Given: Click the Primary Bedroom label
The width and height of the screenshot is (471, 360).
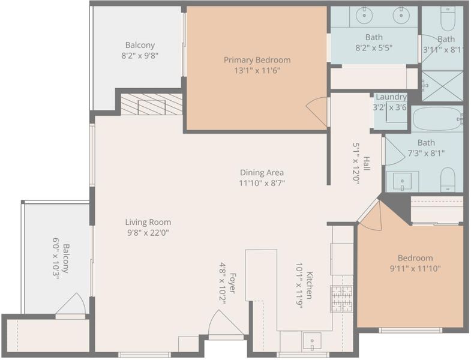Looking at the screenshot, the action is click(257, 60).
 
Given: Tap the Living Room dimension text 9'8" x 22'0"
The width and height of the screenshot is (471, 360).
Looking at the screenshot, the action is click(148, 233).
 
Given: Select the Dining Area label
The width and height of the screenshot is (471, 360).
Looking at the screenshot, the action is click(262, 172).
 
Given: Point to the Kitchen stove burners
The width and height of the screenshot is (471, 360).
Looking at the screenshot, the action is click(342, 299).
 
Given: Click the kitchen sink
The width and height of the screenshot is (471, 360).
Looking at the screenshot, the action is click(312, 341).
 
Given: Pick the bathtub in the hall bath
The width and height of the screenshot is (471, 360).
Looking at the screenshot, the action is click(437, 119).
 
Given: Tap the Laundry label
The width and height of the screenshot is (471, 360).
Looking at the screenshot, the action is click(391, 97).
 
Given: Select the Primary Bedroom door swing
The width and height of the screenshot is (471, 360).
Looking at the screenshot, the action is click(317, 112).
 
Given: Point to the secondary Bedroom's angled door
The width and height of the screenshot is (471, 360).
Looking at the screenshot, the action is click(370, 215).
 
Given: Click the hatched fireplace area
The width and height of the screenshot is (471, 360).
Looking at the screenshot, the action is click(151, 104).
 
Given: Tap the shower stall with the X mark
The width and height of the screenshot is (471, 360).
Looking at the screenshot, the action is click(442, 86).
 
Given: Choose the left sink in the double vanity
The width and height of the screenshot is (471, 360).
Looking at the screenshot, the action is click(364, 15).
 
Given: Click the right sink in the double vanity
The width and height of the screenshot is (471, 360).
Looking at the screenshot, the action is click(400, 15).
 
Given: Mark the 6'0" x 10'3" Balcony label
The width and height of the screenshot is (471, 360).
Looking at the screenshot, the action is click(61, 259).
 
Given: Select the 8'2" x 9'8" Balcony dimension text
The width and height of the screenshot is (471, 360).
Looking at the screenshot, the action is click(140, 56).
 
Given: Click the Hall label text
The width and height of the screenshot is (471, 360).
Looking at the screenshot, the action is click(367, 163).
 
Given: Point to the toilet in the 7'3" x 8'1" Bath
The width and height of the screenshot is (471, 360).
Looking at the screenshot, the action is click(448, 179).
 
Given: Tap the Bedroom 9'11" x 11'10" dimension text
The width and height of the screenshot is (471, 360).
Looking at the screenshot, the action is click(415, 268).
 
